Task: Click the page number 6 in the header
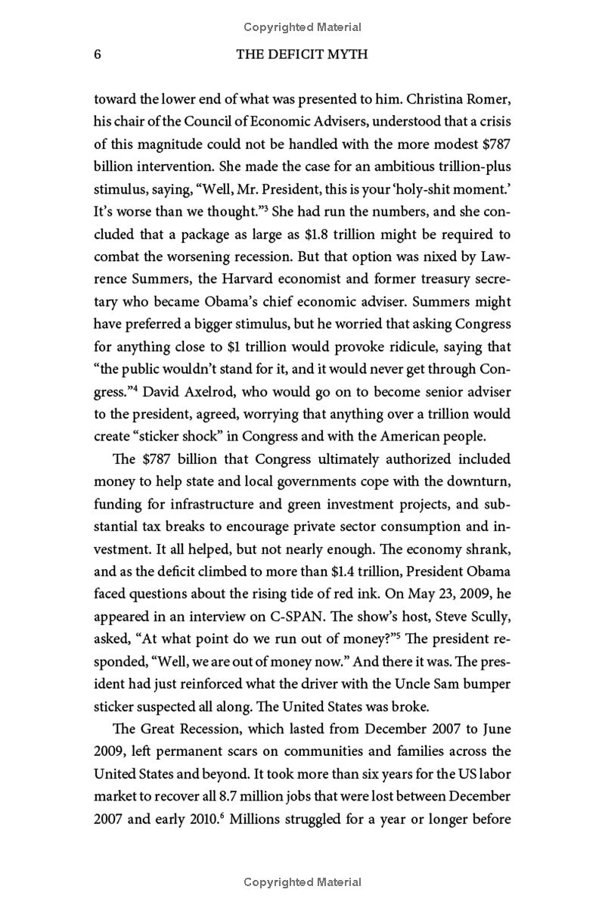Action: point(98,55)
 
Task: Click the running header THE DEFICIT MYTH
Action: point(302,55)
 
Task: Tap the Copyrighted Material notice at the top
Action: point(302,27)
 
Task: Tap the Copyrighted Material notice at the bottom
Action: point(302,882)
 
